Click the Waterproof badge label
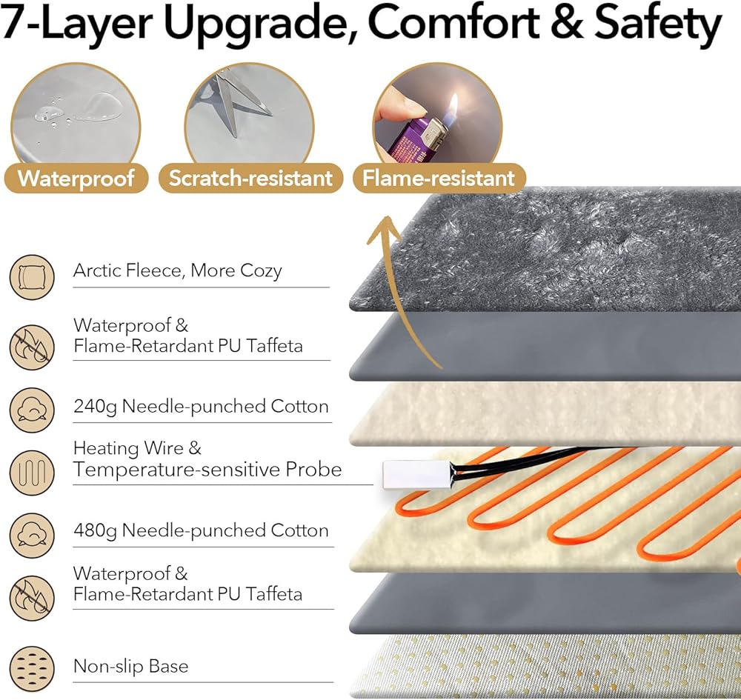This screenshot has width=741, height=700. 76,179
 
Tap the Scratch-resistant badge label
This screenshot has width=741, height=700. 250,179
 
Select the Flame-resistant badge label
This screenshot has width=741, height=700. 438,179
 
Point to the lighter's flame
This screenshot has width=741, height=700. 453,104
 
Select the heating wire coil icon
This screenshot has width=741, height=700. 32,470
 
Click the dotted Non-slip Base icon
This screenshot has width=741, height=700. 32,667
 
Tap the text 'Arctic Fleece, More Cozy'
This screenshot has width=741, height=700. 177,270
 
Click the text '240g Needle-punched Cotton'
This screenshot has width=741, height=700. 201,406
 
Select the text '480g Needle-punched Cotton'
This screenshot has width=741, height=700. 201,530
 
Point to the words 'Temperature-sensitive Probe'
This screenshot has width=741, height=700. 207,470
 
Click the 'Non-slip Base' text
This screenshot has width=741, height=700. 130,666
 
